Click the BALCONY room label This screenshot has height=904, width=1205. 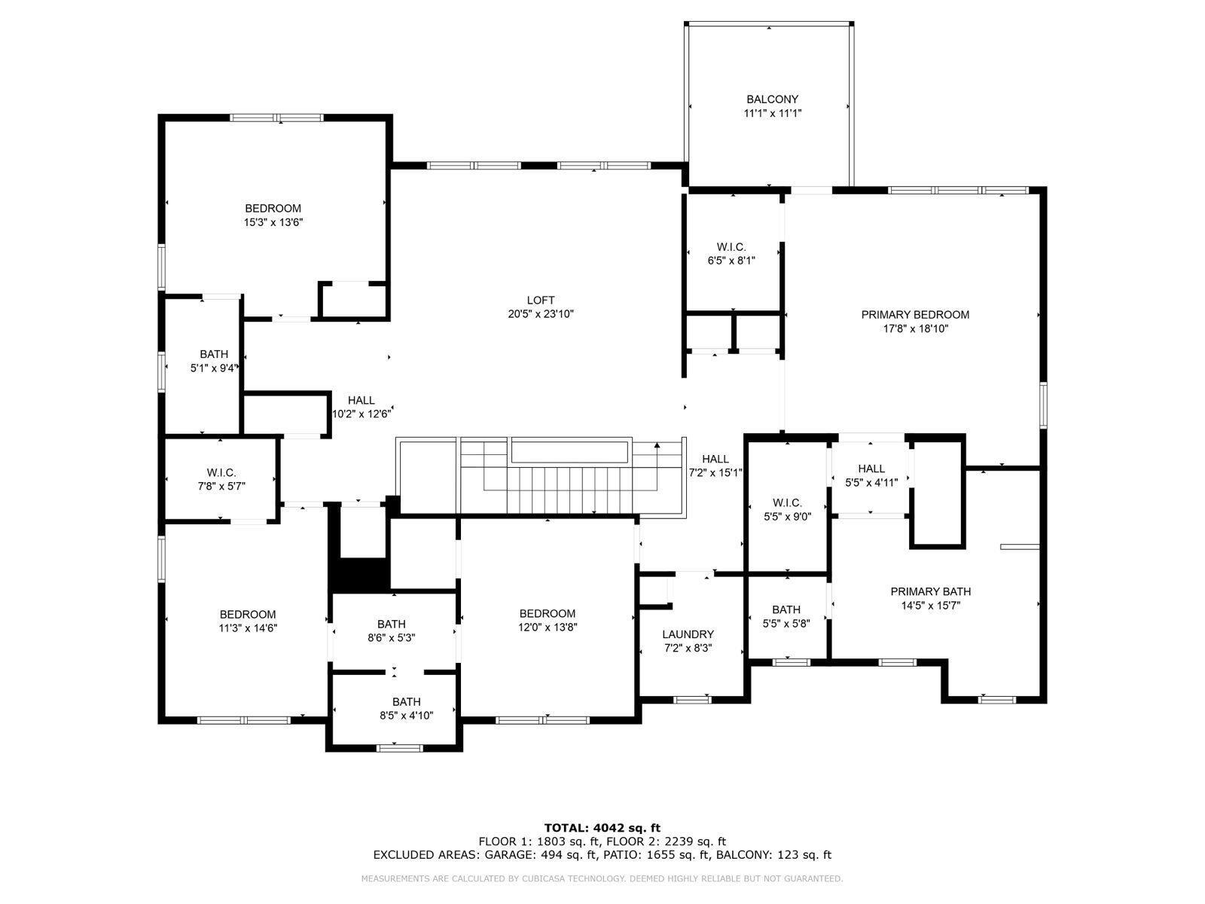pyautogui.click(x=772, y=99)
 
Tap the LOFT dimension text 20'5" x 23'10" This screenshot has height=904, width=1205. pyautogui.click(x=541, y=314)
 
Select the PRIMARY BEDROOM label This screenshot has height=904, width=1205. pyautogui.click(x=915, y=315)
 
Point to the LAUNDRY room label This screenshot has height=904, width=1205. pyautogui.click(x=688, y=634)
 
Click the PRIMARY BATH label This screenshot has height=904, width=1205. pyautogui.click(x=930, y=591)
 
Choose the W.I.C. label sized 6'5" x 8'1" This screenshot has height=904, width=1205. pyautogui.click(x=731, y=247)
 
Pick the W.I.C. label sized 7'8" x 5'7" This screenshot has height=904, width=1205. pyautogui.click(x=221, y=472)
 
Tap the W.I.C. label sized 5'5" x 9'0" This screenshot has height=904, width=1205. pyautogui.click(x=787, y=502)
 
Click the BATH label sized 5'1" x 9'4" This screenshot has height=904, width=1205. pyautogui.click(x=214, y=354)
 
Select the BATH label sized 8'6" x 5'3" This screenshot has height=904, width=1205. pyautogui.click(x=391, y=624)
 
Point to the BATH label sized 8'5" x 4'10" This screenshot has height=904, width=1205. pyautogui.click(x=406, y=701)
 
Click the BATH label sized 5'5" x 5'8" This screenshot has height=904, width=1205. pyautogui.click(x=786, y=609)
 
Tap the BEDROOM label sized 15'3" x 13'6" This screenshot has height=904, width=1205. pyautogui.click(x=273, y=208)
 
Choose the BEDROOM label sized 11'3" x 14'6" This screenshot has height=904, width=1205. pyautogui.click(x=248, y=614)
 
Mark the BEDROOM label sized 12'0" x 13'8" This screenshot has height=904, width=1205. pyautogui.click(x=547, y=613)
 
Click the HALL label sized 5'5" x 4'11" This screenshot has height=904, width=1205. pyautogui.click(x=871, y=469)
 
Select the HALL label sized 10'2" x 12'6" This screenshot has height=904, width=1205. pyautogui.click(x=361, y=400)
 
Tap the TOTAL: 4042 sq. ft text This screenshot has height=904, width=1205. pyautogui.click(x=602, y=827)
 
